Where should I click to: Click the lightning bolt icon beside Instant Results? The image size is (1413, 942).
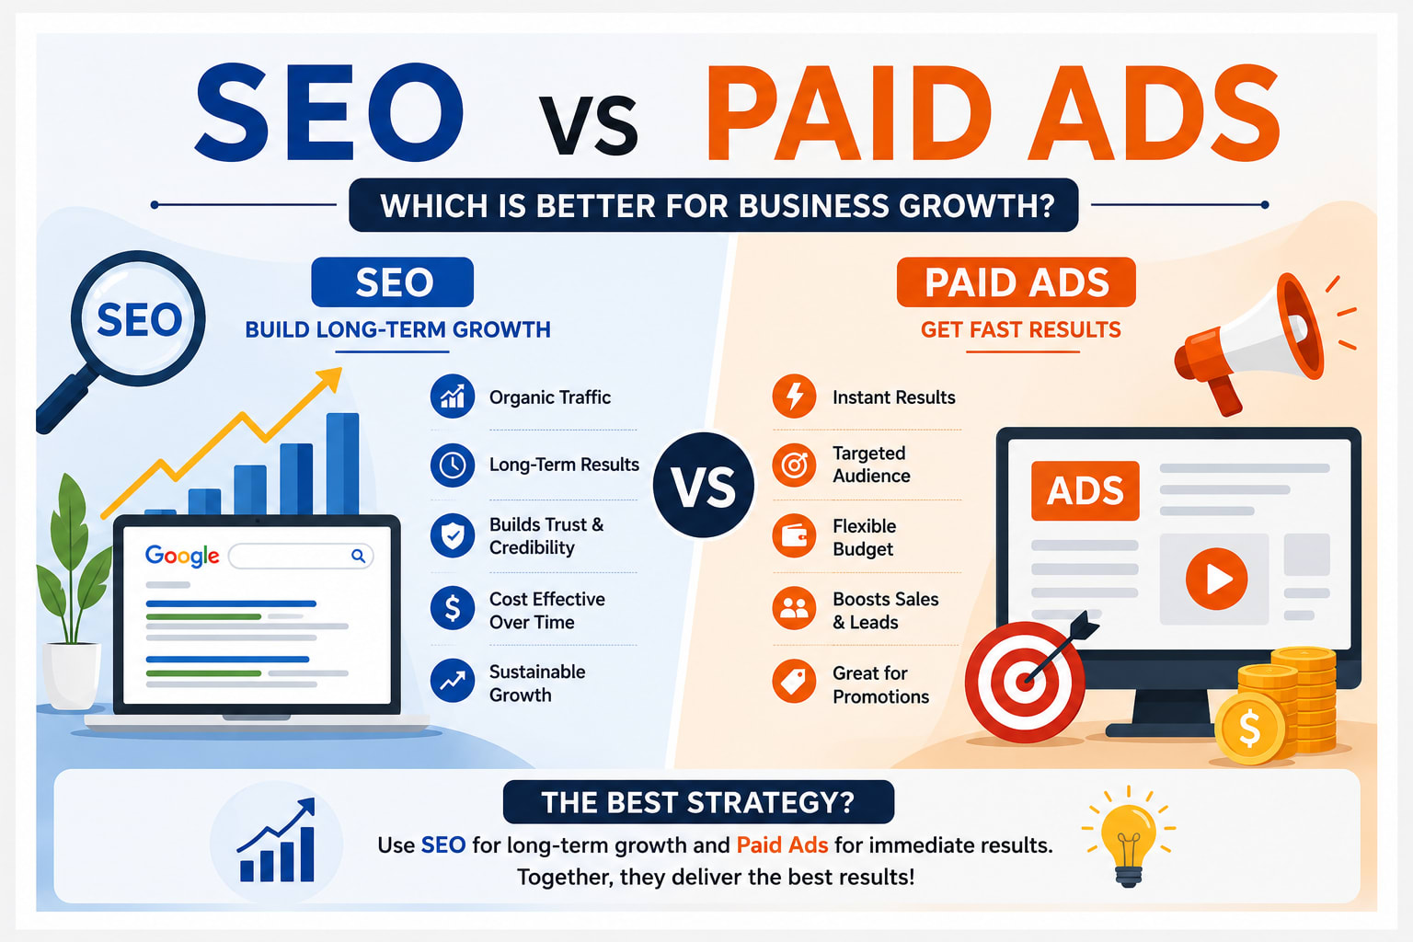tap(794, 396)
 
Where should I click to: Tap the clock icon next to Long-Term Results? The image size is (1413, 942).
tap(453, 465)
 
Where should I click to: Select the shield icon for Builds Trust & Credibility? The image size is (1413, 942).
tap(453, 535)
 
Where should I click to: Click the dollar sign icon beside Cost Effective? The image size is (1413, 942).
tap(453, 608)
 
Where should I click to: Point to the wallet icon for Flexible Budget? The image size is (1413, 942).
tap(794, 535)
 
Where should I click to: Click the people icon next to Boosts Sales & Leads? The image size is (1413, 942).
tap(794, 608)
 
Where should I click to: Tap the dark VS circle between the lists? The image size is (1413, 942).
tap(704, 485)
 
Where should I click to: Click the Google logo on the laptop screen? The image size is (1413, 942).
tap(182, 556)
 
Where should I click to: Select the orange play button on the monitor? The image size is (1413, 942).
tap(1216, 579)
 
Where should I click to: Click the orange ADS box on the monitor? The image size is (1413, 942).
tap(1085, 491)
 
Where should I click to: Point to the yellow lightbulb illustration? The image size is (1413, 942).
tap(1129, 837)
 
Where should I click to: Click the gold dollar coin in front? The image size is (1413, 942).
tap(1249, 728)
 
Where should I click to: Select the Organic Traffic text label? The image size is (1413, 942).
tap(550, 397)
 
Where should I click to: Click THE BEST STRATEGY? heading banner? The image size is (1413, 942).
tap(698, 802)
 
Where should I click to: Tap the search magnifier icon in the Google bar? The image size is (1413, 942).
tap(358, 556)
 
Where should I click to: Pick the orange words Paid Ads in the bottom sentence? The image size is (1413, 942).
tap(782, 844)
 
